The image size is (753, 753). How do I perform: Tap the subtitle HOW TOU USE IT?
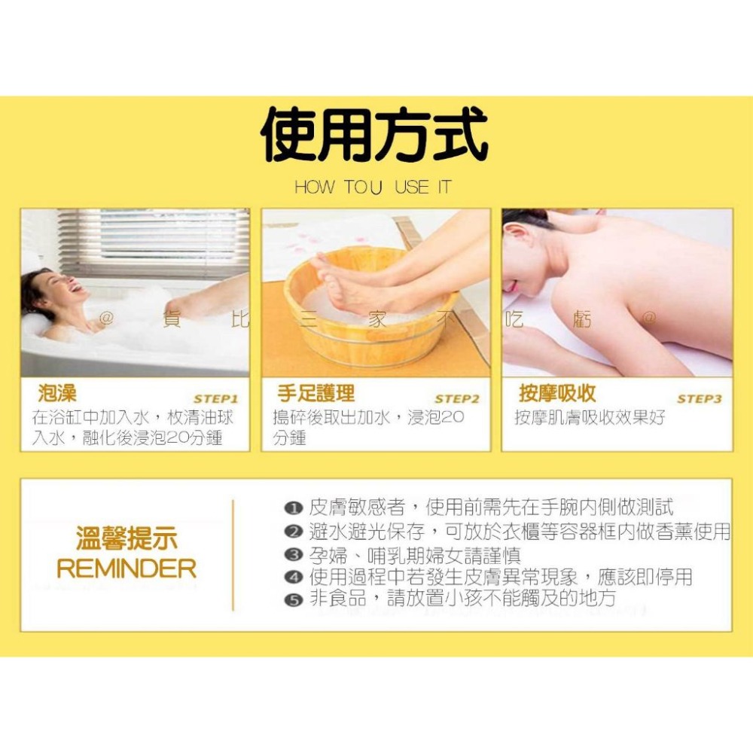(373, 187)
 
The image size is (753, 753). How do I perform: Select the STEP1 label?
(215, 399)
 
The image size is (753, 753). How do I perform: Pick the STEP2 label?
(456, 399)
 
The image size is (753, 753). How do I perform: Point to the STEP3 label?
(699, 399)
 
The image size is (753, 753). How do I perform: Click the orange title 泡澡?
(57, 393)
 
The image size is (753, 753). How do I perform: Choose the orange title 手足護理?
(316, 393)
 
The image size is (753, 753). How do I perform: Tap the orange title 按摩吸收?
(557, 393)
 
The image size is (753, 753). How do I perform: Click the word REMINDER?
(127, 569)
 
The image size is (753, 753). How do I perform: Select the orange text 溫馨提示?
(127, 539)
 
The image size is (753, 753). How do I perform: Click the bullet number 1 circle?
(293, 509)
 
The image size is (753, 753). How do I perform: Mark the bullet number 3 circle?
(293, 556)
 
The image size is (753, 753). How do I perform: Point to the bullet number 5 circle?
(293, 600)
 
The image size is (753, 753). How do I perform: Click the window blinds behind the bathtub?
(166, 241)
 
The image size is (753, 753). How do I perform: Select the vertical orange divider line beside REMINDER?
(233, 555)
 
